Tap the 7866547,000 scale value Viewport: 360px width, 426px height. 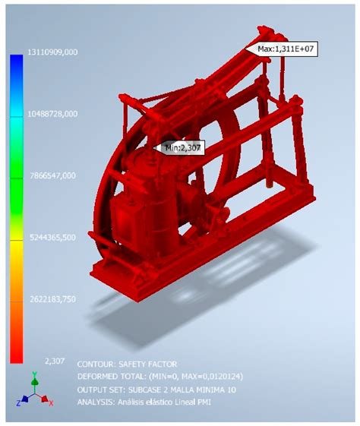coord(52,175)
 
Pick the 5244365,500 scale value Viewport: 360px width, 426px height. coord(52,237)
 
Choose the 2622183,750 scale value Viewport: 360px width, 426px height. coord(52,298)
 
